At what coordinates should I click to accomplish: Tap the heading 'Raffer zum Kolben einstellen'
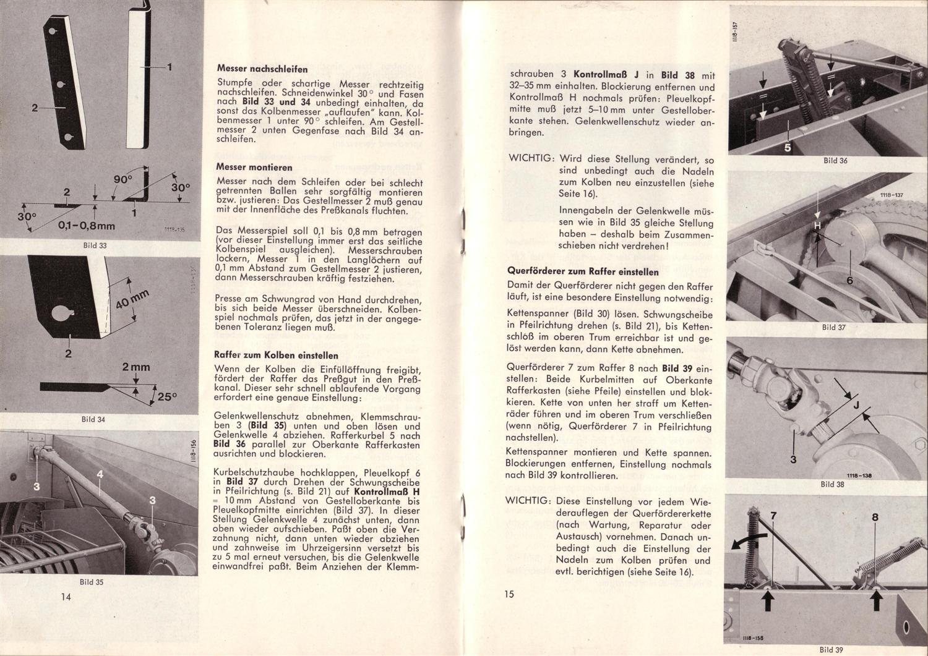click(x=276, y=356)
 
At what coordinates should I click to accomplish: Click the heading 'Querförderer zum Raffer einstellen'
click(x=583, y=271)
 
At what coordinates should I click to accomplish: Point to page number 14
click(x=66, y=596)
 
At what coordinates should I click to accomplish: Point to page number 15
click(x=509, y=594)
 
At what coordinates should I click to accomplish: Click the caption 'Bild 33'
click(x=95, y=245)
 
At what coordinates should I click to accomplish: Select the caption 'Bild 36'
click(x=835, y=161)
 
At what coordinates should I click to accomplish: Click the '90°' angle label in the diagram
click(x=122, y=179)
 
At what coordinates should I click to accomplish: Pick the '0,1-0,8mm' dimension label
click(x=87, y=226)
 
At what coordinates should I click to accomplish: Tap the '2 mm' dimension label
click(x=136, y=367)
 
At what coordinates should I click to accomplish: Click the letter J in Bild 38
click(x=856, y=406)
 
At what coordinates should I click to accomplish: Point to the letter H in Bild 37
click(x=817, y=226)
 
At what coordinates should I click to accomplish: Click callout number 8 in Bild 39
click(x=875, y=518)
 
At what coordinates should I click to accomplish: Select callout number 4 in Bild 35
click(x=100, y=475)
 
